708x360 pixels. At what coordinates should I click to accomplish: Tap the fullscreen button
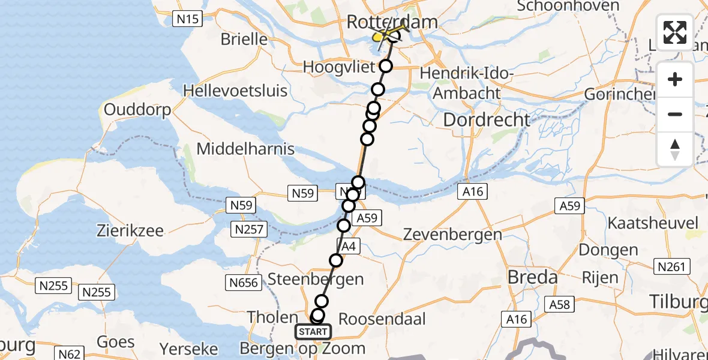[675, 32]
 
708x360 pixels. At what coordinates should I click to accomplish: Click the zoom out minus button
[675, 114]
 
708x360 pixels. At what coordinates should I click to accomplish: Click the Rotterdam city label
[392, 23]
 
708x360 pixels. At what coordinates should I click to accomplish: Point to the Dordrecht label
[487, 119]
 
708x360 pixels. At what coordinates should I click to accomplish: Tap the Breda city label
[533, 278]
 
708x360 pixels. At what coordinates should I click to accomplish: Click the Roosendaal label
[383, 319]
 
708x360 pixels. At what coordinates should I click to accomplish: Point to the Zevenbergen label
[454, 234]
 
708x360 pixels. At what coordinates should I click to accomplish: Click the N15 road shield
[187, 19]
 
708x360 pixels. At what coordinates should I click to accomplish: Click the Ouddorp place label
[137, 110]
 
